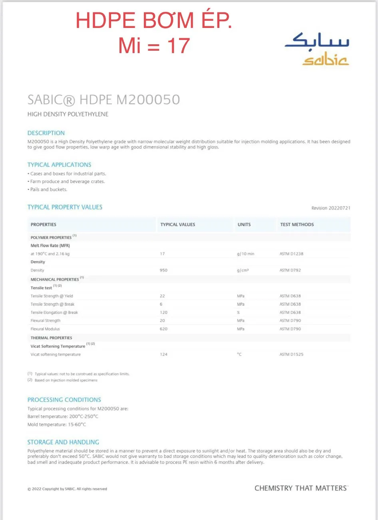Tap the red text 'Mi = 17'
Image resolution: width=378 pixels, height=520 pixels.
[x=154, y=45]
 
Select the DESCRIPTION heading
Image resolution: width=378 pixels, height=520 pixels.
[x=46, y=133]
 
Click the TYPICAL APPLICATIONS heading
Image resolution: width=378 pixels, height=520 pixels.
[x=59, y=164]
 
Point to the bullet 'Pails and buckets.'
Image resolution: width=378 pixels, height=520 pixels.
[x=48, y=190]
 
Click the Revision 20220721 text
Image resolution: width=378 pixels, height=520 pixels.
[x=330, y=208]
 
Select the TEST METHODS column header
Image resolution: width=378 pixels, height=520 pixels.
[x=297, y=225]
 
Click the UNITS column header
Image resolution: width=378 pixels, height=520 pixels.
[x=244, y=225]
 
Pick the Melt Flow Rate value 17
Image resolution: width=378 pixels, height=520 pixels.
[x=162, y=254]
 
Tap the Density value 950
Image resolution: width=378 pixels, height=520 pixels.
[x=163, y=270]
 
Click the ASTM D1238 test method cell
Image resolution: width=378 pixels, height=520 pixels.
[x=291, y=254]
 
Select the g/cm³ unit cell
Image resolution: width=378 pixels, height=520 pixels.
[x=243, y=270]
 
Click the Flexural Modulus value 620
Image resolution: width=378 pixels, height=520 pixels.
[x=163, y=329]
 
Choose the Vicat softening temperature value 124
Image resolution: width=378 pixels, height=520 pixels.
[x=163, y=354]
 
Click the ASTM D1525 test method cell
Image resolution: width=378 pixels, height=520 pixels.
[x=291, y=354]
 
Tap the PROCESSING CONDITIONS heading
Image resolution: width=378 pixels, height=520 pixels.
[x=64, y=399]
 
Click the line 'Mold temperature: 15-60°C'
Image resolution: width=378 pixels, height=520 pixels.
[x=57, y=425]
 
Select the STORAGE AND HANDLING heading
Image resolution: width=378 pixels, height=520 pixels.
[x=63, y=442]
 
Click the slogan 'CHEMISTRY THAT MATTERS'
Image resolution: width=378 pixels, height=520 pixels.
[x=300, y=488]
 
